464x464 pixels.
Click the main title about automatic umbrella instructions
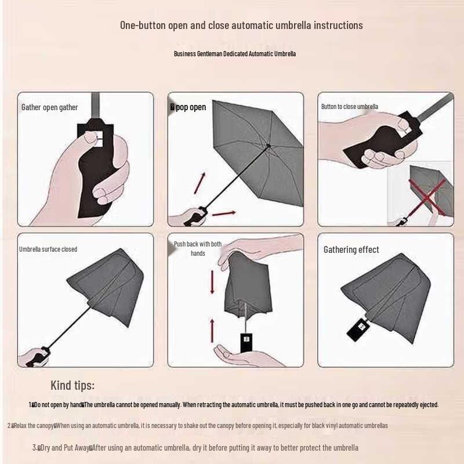(x=241, y=25)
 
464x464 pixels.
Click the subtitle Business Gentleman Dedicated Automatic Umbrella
(x=235, y=54)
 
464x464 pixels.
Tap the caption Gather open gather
(x=49, y=107)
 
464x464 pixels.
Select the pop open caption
(x=188, y=107)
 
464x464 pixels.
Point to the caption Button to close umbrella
(x=350, y=107)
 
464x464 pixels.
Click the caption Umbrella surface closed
(x=48, y=249)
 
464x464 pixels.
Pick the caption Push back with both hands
(x=198, y=249)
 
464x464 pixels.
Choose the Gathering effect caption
(x=351, y=249)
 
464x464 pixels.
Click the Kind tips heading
(x=72, y=385)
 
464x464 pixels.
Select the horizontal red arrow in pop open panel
(x=223, y=213)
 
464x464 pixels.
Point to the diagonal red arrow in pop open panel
(x=200, y=182)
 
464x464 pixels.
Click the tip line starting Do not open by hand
(x=234, y=405)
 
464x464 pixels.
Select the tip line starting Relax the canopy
(x=197, y=426)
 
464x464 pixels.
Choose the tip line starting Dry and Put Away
(x=195, y=448)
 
